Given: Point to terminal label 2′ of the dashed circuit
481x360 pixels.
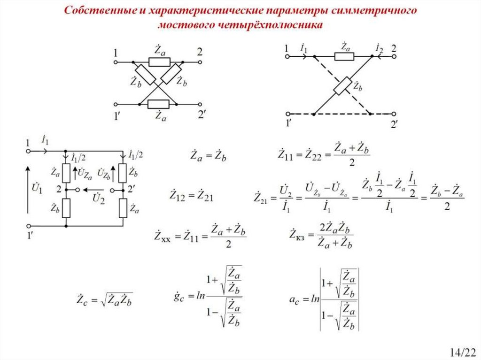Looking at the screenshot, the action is point(394,124).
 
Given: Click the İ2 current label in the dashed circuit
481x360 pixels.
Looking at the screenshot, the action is point(379,48).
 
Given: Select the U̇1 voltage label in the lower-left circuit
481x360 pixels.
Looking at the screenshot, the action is point(37,191).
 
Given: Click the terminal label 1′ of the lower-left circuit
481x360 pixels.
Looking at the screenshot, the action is point(29,237).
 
